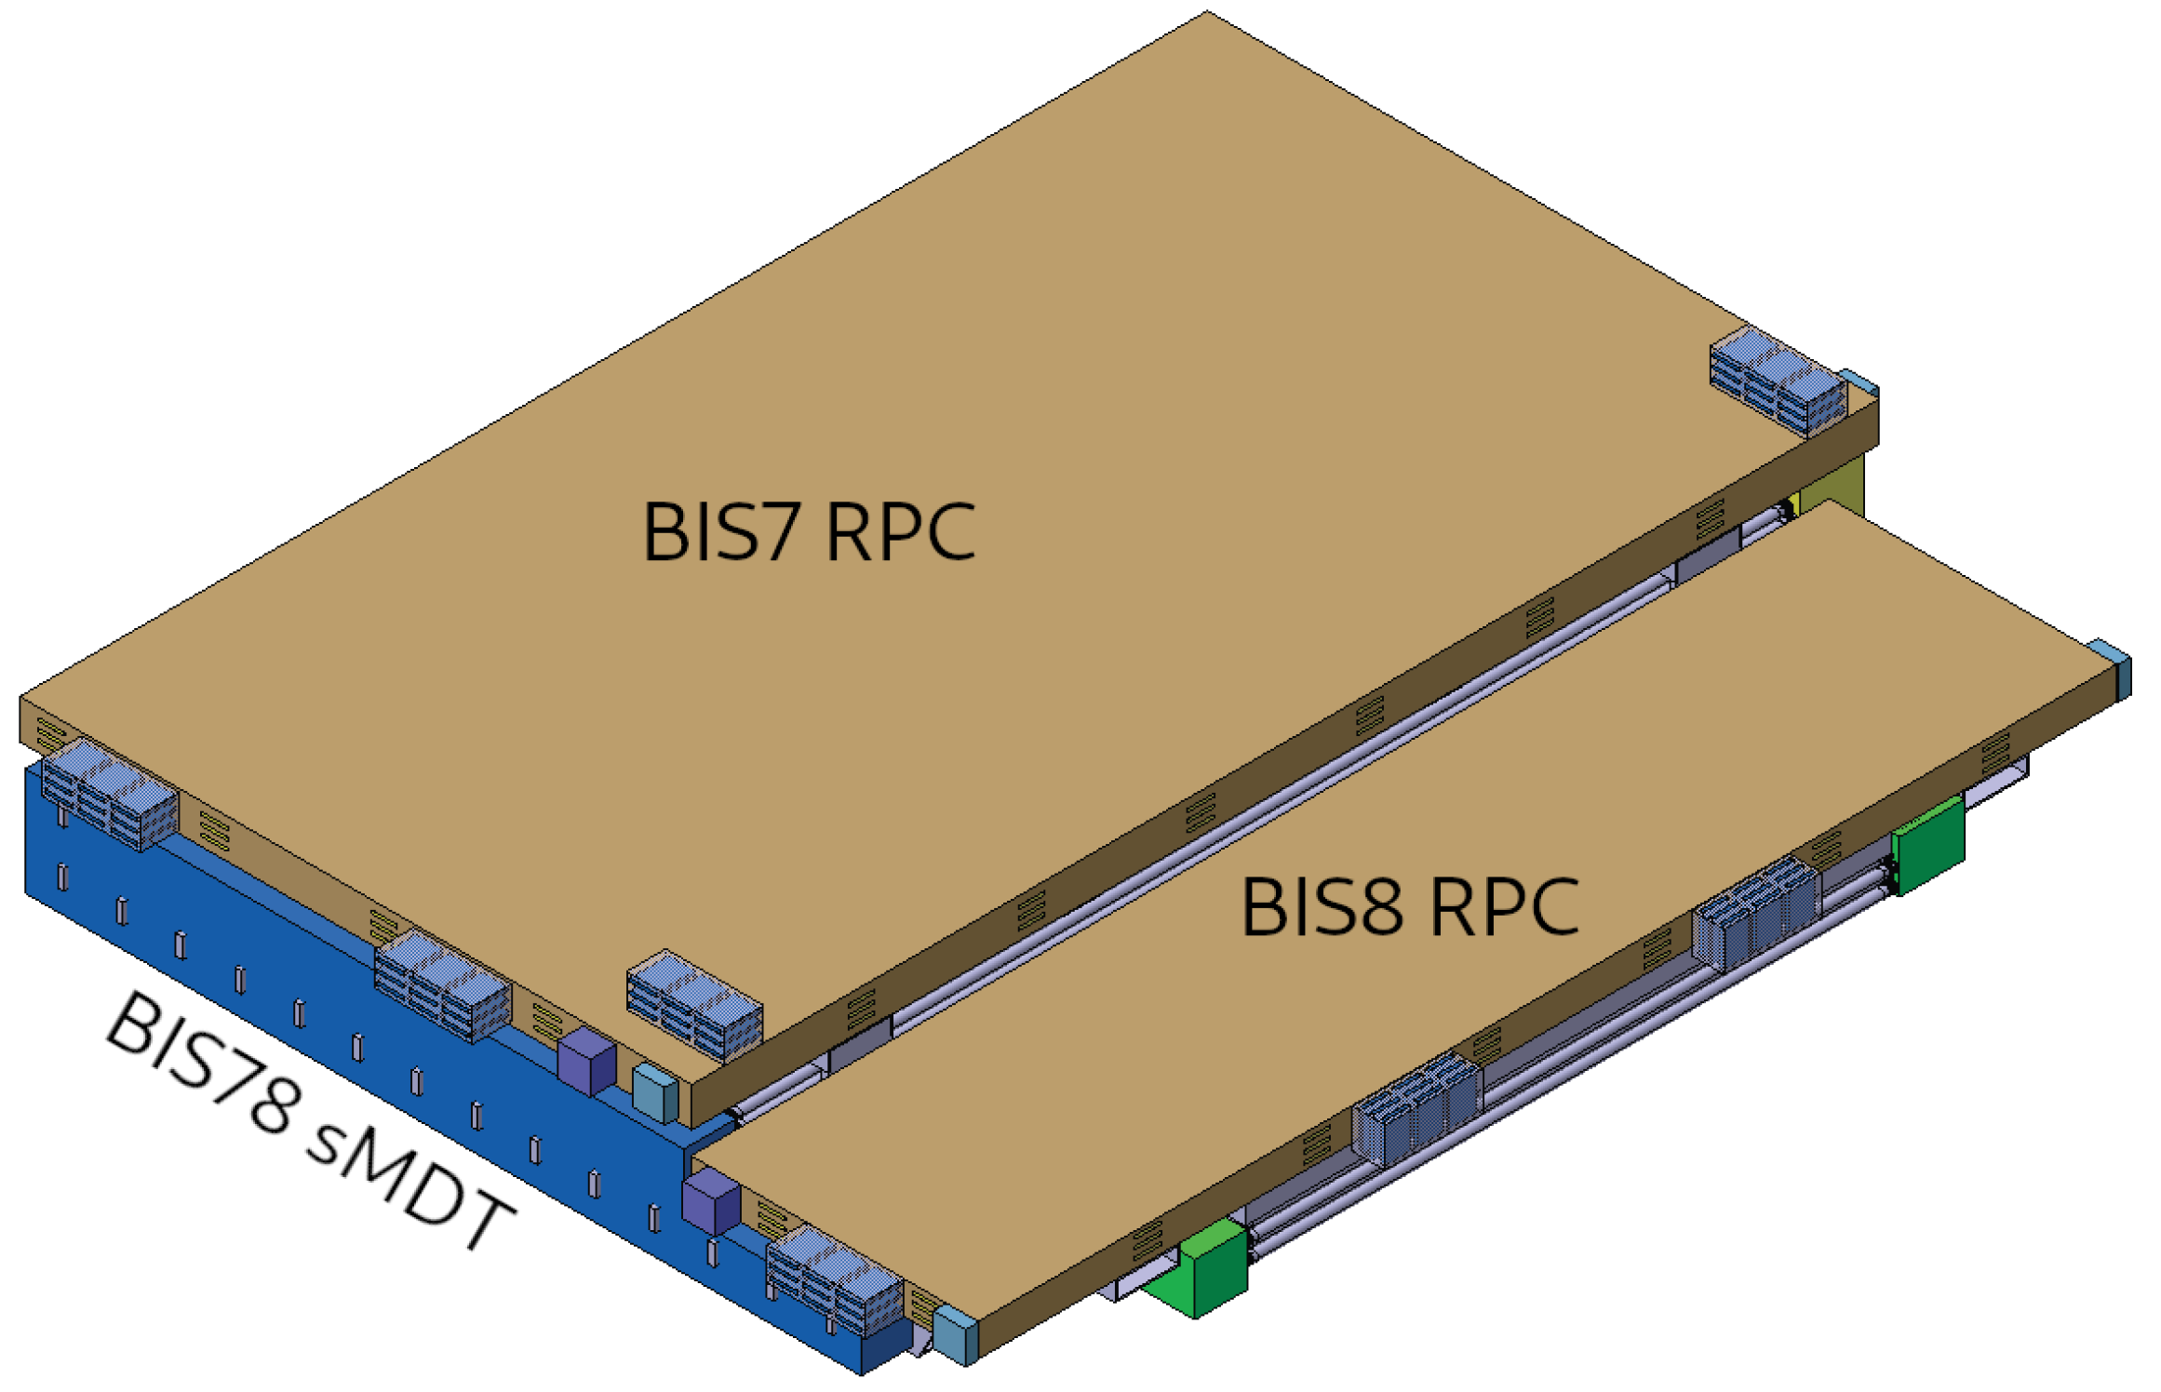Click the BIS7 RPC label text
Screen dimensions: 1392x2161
point(808,531)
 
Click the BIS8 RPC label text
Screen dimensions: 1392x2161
point(1409,907)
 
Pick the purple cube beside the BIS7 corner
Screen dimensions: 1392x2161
point(586,1061)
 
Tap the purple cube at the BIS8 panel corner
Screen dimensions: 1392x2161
point(710,1200)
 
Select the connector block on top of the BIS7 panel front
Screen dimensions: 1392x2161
point(694,1005)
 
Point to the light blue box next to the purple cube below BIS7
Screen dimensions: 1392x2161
point(655,1093)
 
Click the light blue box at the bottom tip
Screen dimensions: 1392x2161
point(955,1335)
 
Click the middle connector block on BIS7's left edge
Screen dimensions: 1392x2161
point(442,985)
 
